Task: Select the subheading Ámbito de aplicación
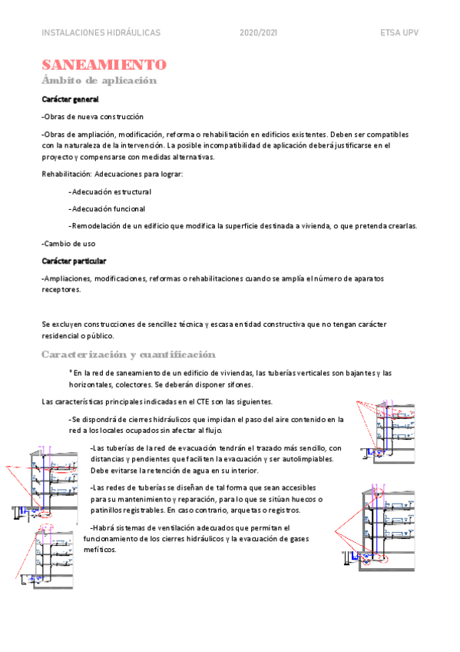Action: click(x=99, y=80)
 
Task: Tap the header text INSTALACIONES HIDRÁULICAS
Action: click(x=101, y=33)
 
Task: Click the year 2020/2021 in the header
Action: click(x=258, y=33)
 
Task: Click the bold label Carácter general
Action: click(x=70, y=99)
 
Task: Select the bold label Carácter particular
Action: click(x=74, y=261)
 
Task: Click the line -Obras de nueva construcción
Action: click(x=93, y=117)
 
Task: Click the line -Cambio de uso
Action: click(x=68, y=244)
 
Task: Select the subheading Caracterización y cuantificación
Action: click(x=128, y=354)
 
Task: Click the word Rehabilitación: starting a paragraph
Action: click(x=66, y=174)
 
